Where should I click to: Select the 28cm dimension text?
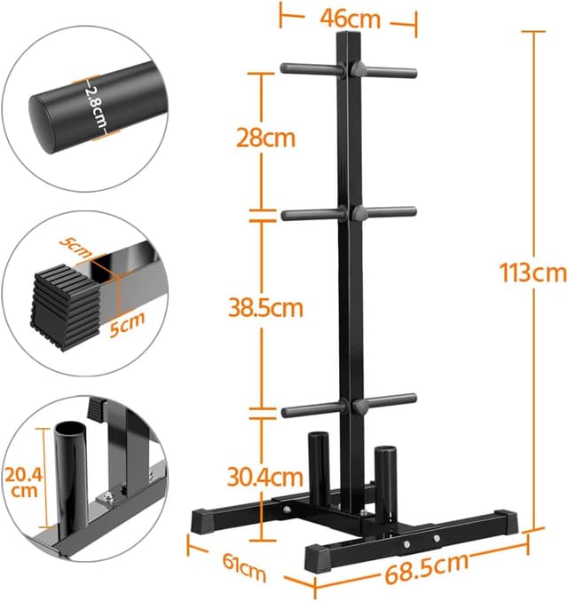coord(266,138)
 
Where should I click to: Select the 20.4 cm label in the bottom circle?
coord(22,483)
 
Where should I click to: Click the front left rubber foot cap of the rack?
coord(322,557)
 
